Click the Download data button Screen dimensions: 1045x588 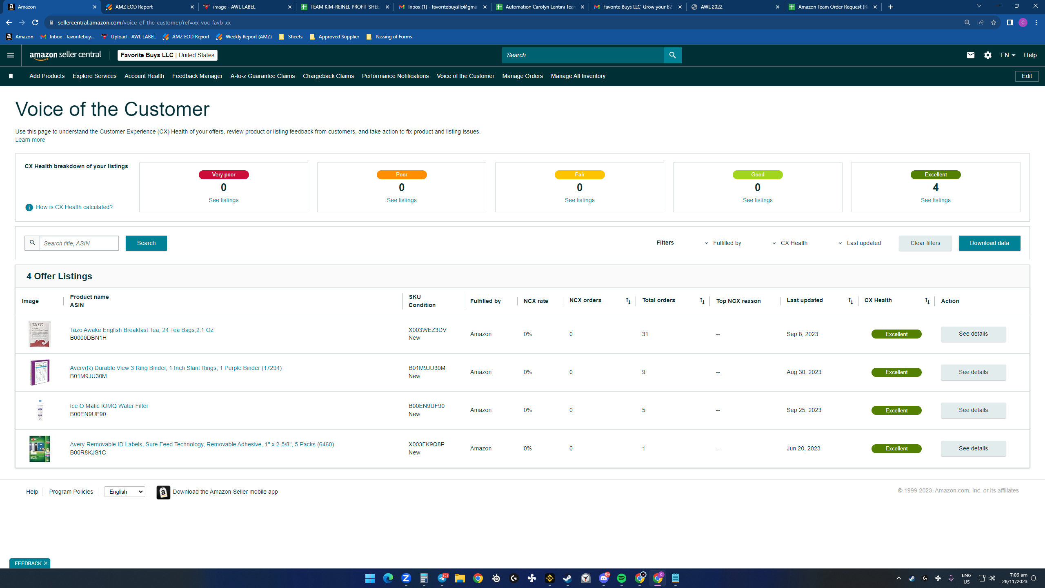tap(989, 243)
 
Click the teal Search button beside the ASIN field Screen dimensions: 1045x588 tap(146, 243)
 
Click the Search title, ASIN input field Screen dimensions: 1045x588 tap(79, 243)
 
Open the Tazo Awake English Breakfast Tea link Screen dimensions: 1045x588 tap(142, 330)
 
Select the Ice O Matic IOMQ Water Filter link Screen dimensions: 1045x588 tap(109, 406)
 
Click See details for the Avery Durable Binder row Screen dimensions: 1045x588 tap(973, 372)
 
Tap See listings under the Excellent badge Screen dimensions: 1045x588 tap(936, 200)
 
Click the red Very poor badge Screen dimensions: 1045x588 tap(224, 175)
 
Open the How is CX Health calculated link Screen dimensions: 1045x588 tap(74, 207)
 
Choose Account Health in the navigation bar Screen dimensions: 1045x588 tap(144, 76)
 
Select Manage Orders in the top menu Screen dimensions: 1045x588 tap(522, 76)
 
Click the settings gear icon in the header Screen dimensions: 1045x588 tap(987, 55)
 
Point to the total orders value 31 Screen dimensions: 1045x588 tap(645, 334)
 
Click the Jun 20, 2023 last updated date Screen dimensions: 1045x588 tap(803, 448)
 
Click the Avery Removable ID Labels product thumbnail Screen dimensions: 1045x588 tap(40, 449)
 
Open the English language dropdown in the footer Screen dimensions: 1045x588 tap(125, 492)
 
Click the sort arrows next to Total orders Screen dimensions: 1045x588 tap(702, 301)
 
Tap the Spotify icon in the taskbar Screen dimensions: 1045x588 tap(622, 578)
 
